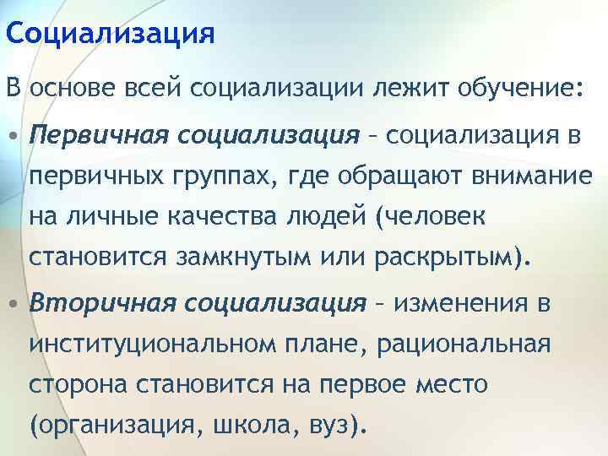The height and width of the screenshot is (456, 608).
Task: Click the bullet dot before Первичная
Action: coord(14,136)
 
